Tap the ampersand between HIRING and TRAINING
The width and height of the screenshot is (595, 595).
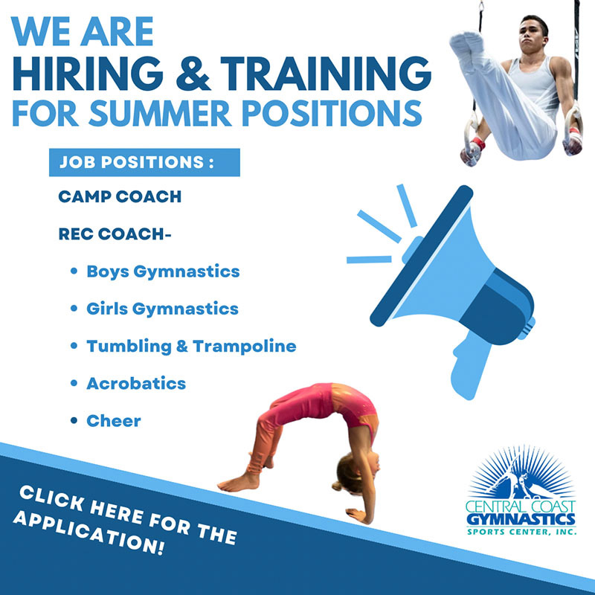[x=193, y=74]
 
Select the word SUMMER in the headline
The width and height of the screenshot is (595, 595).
[x=160, y=113]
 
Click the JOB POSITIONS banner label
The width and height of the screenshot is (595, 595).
[x=137, y=162]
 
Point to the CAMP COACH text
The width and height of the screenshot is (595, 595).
[x=120, y=196]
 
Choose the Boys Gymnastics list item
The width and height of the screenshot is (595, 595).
[x=163, y=272]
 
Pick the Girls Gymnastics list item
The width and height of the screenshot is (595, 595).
[x=162, y=309]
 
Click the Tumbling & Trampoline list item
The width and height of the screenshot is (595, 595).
[x=191, y=347]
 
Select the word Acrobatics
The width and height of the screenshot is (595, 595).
[x=136, y=383]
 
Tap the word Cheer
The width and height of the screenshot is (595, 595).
[x=114, y=421]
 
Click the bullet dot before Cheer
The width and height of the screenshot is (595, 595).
[x=74, y=420]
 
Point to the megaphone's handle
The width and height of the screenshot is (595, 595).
[x=469, y=367]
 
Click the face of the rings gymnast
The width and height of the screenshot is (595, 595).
[x=533, y=35]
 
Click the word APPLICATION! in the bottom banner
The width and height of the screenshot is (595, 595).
[x=89, y=533]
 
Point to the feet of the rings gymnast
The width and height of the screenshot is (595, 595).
[x=468, y=42]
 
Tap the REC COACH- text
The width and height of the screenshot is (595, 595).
[x=115, y=234]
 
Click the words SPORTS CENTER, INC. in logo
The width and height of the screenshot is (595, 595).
[x=521, y=531]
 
